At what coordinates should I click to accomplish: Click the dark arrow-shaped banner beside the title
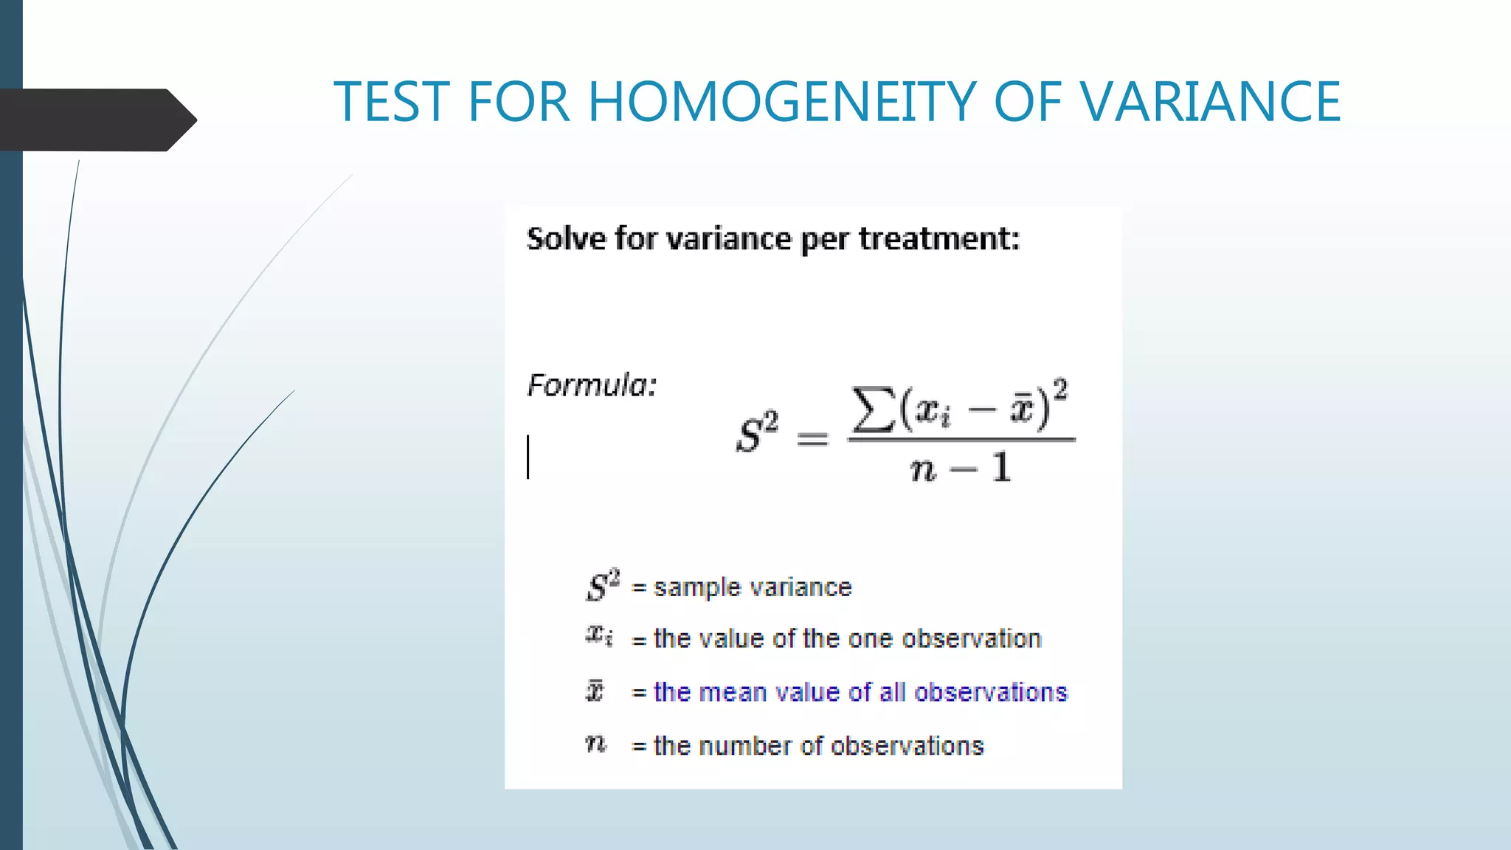click(x=96, y=120)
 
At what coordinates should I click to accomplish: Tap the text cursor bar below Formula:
click(x=528, y=457)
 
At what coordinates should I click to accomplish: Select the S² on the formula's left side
click(x=757, y=433)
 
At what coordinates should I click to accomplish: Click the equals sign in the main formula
click(x=812, y=440)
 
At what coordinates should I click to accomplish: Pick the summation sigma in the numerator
click(x=873, y=410)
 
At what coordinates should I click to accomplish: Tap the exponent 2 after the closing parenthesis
click(x=1060, y=390)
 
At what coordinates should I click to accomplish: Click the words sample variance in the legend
click(x=753, y=587)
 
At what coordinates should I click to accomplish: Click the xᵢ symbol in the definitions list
click(x=598, y=635)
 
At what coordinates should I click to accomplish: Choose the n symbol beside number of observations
click(x=595, y=744)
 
